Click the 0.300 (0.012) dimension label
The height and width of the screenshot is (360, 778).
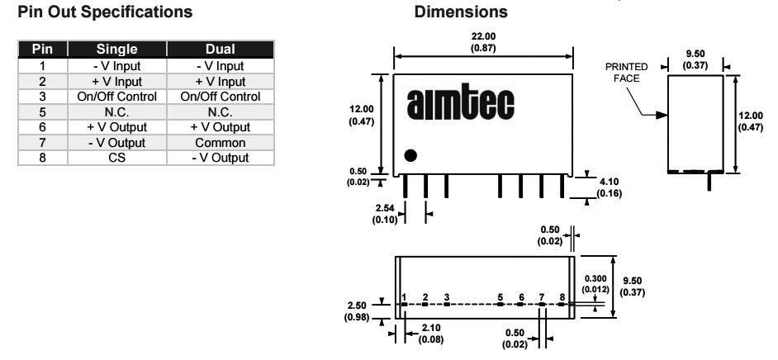click(596, 284)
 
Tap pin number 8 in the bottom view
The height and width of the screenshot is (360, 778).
click(562, 296)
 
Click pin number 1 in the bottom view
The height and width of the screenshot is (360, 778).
click(405, 296)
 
